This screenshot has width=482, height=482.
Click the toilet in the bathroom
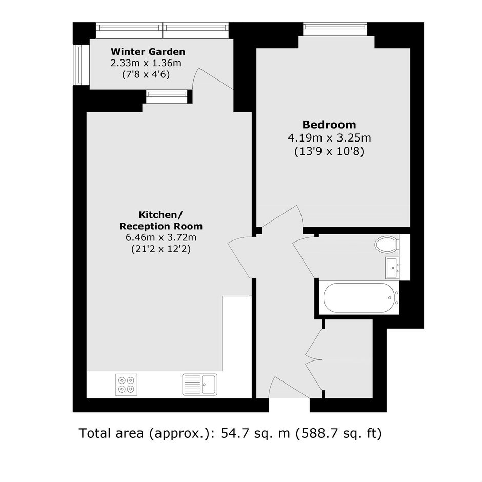click(x=387, y=245)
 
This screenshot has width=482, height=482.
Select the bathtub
click(x=359, y=297)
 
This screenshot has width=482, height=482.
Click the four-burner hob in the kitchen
click(x=126, y=385)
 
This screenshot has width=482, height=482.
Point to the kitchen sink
click(x=200, y=384)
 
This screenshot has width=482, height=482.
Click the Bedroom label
click(x=329, y=125)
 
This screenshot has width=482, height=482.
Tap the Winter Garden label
click(x=148, y=52)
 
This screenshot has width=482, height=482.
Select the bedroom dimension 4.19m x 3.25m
click(x=329, y=138)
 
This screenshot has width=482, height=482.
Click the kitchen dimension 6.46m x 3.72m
click(x=161, y=237)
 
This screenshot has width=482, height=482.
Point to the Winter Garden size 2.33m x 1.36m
click(x=146, y=63)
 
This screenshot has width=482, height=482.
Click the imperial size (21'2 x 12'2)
click(x=161, y=249)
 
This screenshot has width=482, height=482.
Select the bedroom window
click(x=335, y=29)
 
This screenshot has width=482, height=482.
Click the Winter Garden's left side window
click(x=78, y=65)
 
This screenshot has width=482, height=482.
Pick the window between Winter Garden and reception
click(x=167, y=96)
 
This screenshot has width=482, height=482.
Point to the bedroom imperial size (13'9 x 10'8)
click(x=329, y=152)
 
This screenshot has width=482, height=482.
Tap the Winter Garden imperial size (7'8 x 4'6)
click(x=146, y=75)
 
